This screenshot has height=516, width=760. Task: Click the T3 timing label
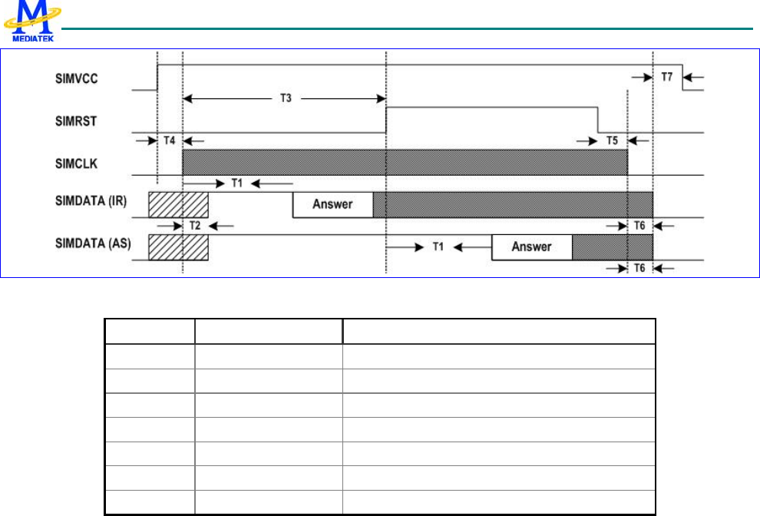[284, 99]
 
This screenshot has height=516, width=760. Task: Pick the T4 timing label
[170, 141]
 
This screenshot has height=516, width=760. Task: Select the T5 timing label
[611, 141]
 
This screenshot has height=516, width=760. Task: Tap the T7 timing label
[667, 78]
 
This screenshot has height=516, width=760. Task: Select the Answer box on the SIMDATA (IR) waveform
[332, 205]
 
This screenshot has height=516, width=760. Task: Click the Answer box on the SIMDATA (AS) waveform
[531, 247]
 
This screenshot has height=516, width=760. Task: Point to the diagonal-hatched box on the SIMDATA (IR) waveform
[178, 204]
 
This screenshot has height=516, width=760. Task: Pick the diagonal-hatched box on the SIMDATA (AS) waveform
[178, 247]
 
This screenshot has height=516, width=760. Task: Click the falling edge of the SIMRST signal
[598, 120]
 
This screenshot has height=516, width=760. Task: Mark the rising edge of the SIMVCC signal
[157, 78]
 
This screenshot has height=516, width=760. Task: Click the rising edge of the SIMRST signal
[386, 120]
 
